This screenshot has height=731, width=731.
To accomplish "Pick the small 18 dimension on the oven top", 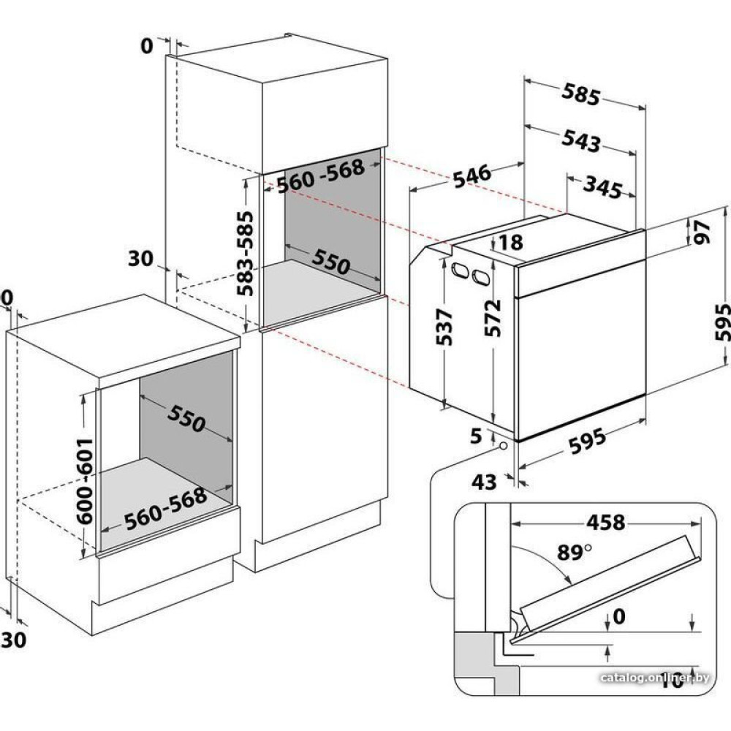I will coord(512,242).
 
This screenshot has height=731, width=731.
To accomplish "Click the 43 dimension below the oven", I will coord(484,482).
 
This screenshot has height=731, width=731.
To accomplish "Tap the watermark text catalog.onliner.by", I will coord(654,678).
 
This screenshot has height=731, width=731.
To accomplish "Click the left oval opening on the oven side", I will coord(461,270).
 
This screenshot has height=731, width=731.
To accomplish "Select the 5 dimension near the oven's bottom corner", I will coord(476,437).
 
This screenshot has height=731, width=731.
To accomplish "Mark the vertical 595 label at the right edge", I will coord(721,322).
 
